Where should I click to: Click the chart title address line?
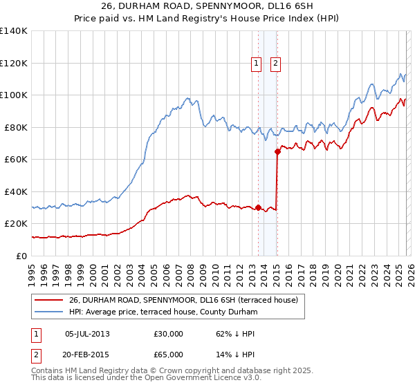pyautogui.click(x=207, y=7)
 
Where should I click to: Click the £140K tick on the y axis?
pyautogui.click(x=14, y=31)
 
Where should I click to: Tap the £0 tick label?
pyautogui.click(x=21, y=256)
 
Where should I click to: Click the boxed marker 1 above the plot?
pyautogui.click(x=256, y=64)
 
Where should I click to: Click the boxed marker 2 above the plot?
pyautogui.click(x=275, y=64)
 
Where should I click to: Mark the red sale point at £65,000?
pyautogui.click(x=277, y=151)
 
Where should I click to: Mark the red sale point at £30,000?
pyautogui.click(x=258, y=207)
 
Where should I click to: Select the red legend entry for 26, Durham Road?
pyautogui.click(x=183, y=300)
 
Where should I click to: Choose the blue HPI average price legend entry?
pyautogui.click(x=163, y=312)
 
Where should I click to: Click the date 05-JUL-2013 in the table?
pyautogui.click(x=87, y=334)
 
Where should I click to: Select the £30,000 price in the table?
pyautogui.click(x=169, y=334)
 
